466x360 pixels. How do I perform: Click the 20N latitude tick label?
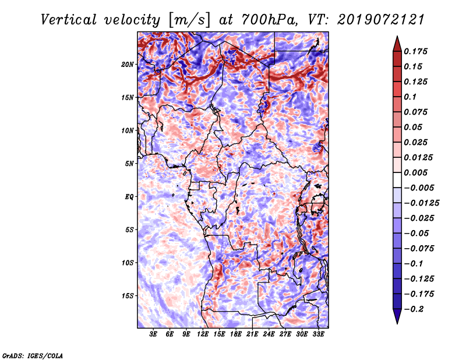click(x=127, y=65)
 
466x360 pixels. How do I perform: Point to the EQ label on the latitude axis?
click(x=129, y=197)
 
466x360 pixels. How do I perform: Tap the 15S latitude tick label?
click(x=127, y=296)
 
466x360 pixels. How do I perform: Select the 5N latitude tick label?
click(x=129, y=164)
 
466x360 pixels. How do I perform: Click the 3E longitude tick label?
click(x=153, y=334)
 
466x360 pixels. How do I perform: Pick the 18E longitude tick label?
click(x=236, y=334)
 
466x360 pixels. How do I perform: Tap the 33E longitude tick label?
click(x=318, y=334)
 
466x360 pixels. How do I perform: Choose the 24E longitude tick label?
click(x=269, y=334)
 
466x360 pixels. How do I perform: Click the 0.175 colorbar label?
click(x=415, y=51)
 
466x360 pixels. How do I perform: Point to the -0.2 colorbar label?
click(x=414, y=309)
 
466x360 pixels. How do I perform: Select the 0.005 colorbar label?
click(x=415, y=172)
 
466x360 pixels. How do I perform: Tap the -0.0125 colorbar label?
click(x=421, y=203)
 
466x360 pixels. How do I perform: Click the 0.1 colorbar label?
click(x=410, y=97)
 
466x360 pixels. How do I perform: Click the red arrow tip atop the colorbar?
click(x=397, y=37)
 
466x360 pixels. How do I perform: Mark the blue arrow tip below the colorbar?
click(x=397, y=323)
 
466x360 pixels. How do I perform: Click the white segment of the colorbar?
click(x=397, y=180)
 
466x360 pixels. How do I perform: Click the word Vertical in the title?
click(x=69, y=20)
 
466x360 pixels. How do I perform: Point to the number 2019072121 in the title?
click(x=381, y=20)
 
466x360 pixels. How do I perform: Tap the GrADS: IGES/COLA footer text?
click(x=33, y=356)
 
